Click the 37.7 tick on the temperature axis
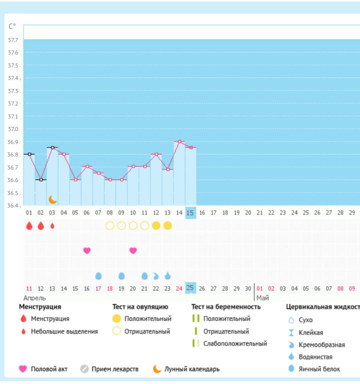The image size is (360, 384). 13,40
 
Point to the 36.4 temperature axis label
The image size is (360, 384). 13,205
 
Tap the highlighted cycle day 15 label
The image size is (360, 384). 190,212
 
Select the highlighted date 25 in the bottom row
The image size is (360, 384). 190,287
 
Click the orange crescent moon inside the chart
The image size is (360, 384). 53,199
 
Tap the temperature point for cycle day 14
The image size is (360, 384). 179,141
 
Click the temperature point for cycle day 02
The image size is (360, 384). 41,179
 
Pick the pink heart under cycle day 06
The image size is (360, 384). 87,250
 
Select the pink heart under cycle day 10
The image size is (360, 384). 133,250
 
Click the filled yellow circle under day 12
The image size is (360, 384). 156,225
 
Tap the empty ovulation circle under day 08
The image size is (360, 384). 110,225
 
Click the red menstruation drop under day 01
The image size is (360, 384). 29,225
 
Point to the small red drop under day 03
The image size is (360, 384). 52,225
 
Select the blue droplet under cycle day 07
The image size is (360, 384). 98,275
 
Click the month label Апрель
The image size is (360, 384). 34,297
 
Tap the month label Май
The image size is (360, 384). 262,297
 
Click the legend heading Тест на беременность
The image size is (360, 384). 226,306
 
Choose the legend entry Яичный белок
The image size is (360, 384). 319,369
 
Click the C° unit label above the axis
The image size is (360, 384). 12,26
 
